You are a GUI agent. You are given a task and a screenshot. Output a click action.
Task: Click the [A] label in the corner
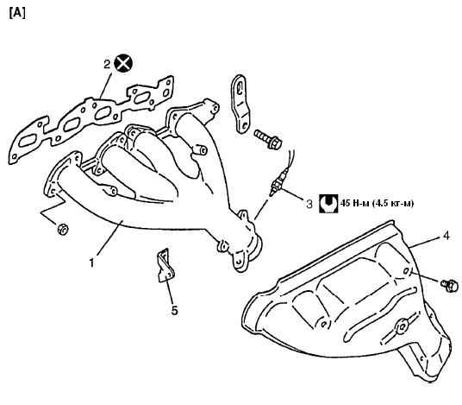tap(17, 13)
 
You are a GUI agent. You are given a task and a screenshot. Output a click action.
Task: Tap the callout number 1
tap(92, 263)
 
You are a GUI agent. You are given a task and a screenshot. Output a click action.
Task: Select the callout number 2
tap(107, 64)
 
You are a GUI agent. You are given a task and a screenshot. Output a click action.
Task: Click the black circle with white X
tap(123, 63)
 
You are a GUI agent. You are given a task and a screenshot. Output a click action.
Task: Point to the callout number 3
tap(309, 204)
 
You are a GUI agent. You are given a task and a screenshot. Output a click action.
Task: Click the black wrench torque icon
tap(328, 203)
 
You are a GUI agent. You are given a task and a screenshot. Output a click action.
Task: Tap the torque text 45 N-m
tap(377, 204)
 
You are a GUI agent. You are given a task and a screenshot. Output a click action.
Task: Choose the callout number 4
tap(446, 236)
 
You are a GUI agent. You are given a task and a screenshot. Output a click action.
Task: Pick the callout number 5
tap(175, 310)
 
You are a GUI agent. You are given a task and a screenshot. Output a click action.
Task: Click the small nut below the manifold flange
tap(63, 230)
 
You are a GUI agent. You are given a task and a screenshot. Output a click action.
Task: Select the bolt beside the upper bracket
tap(268, 139)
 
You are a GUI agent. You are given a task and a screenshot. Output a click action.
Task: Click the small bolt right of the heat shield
tap(450, 285)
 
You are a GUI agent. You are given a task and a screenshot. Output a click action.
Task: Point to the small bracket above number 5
tap(165, 265)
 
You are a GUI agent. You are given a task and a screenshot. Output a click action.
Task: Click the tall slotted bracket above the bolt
tap(240, 104)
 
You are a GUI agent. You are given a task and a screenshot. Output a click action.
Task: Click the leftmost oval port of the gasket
tap(28, 142)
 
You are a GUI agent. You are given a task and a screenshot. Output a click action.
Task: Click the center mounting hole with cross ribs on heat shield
tap(402, 326)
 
